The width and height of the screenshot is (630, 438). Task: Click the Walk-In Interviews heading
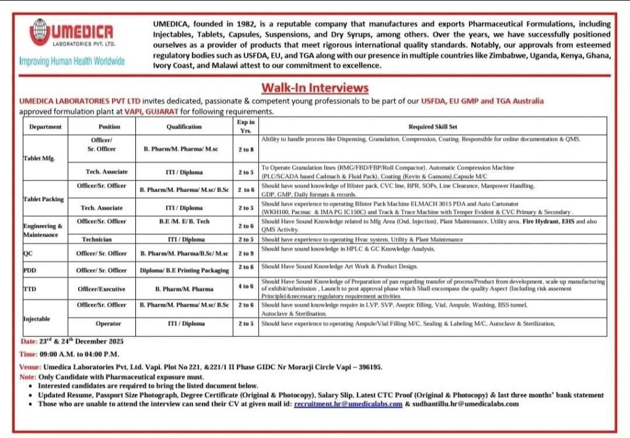tap(315, 87)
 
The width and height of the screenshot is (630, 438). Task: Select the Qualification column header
tap(184, 126)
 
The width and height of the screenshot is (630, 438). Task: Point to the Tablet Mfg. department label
tap(38, 158)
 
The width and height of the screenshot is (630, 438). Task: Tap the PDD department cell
tap(29, 270)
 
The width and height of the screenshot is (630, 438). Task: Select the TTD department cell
tap(29, 288)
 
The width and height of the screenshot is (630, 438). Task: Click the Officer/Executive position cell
tap(102, 288)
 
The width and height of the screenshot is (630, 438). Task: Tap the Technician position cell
tap(102, 239)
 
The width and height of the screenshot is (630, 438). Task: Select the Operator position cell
tap(102, 323)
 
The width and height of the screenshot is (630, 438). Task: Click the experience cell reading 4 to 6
tap(245, 286)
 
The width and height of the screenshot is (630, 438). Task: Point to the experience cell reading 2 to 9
tap(245, 253)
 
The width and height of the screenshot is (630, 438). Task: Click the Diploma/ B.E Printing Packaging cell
tap(184, 270)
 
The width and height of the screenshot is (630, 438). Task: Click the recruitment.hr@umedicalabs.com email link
tap(348, 404)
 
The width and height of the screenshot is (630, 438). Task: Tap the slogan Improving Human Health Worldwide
tap(72, 62)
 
